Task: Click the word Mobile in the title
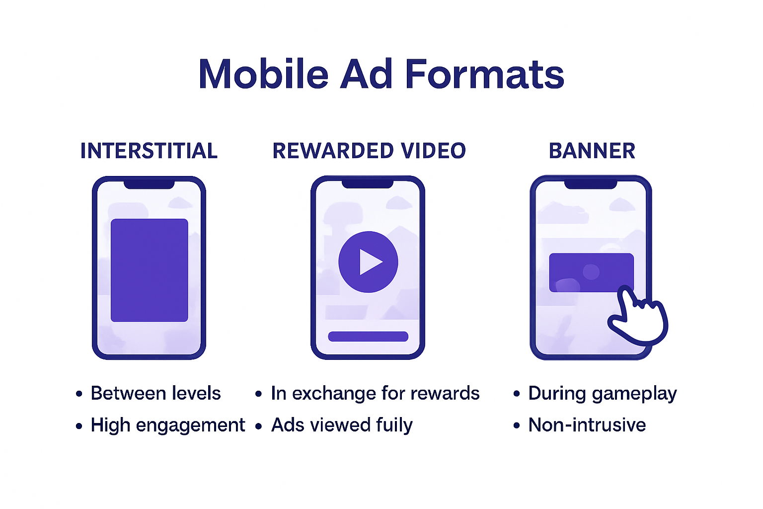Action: click(x=263, y=75)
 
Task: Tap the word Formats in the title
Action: click(x=484, y=75)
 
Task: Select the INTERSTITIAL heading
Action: click(x=149, y=151)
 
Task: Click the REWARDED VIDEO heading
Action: click(x=369, y=151)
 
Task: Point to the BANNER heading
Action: click(x=592, y=151)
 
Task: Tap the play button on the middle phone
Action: click(x=368, y=261)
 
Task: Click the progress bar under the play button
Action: click(x=368, y=337)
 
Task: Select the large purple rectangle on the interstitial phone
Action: click(x=149, y=270)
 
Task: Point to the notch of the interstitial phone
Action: click(x=149, y=184)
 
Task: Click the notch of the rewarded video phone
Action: click(x=368, y=184)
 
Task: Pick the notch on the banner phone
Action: click(x=591, y=184)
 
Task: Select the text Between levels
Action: click(x=155, y=393)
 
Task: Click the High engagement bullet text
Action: click(x=168, y=425)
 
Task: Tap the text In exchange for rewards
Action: click(x=375, y=393)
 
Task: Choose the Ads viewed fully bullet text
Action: click(x=342, y=425)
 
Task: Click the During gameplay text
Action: click(x=602, y=393)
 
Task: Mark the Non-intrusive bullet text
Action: click(x=587, y=425)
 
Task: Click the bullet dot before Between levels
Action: click(x=79, y=394)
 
